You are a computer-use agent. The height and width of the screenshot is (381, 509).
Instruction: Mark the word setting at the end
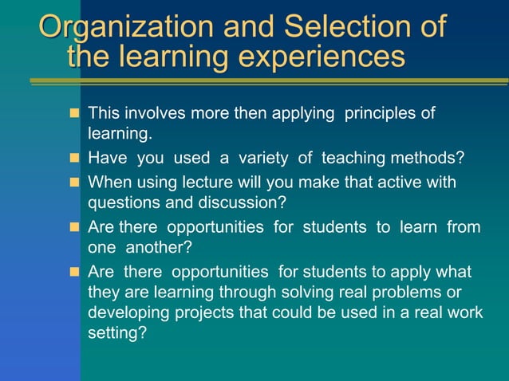(116, 332)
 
